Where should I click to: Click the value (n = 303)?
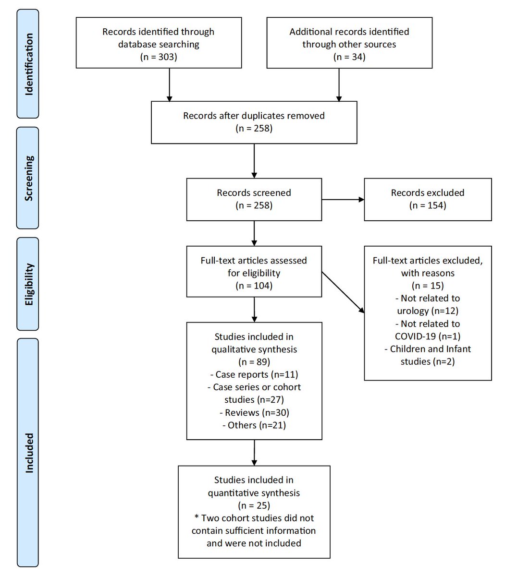(x=159, y=57)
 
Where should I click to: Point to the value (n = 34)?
(x=349, y=57)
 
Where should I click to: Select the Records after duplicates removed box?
(x=254, y=122)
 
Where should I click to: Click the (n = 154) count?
(x=428, y=205)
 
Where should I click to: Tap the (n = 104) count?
(x=254, y=286)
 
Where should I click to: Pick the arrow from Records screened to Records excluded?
(x=343, y=200)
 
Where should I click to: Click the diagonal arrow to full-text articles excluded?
(x=343, y=292)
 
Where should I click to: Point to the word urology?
(x=413, y=311)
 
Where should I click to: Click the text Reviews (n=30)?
(x=255, y=412)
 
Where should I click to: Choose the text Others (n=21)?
(x=254, y=425)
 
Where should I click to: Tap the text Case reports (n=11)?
(x=254, y=374)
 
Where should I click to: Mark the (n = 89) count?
(x=254, y=362)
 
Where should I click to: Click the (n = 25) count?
(x=254, y=505)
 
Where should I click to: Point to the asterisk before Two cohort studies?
(x=197, y=516)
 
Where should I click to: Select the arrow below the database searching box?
(x=169, y=85)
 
